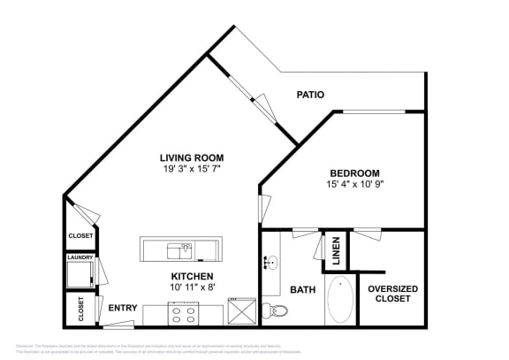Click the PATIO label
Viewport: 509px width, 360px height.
(310, 95)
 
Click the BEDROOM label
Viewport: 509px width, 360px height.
(354, 173)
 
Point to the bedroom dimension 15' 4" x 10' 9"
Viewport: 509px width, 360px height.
(354, 184)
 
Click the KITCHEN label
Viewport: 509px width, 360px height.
(193, 276)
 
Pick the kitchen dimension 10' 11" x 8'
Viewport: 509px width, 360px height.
(193, 287)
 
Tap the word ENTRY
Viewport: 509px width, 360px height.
(122, 308)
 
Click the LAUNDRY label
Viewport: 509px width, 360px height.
(80, 257)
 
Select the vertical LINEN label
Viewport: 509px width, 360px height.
(336, 251)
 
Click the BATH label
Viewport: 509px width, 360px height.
(303, 289)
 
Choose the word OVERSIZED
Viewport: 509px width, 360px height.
(392, 288)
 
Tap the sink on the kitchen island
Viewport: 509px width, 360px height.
(184, 249)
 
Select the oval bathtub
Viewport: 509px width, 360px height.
(340, 302)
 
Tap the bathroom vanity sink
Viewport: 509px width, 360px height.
(270, 263)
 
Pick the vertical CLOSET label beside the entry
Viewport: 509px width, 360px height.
(80, 308)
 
